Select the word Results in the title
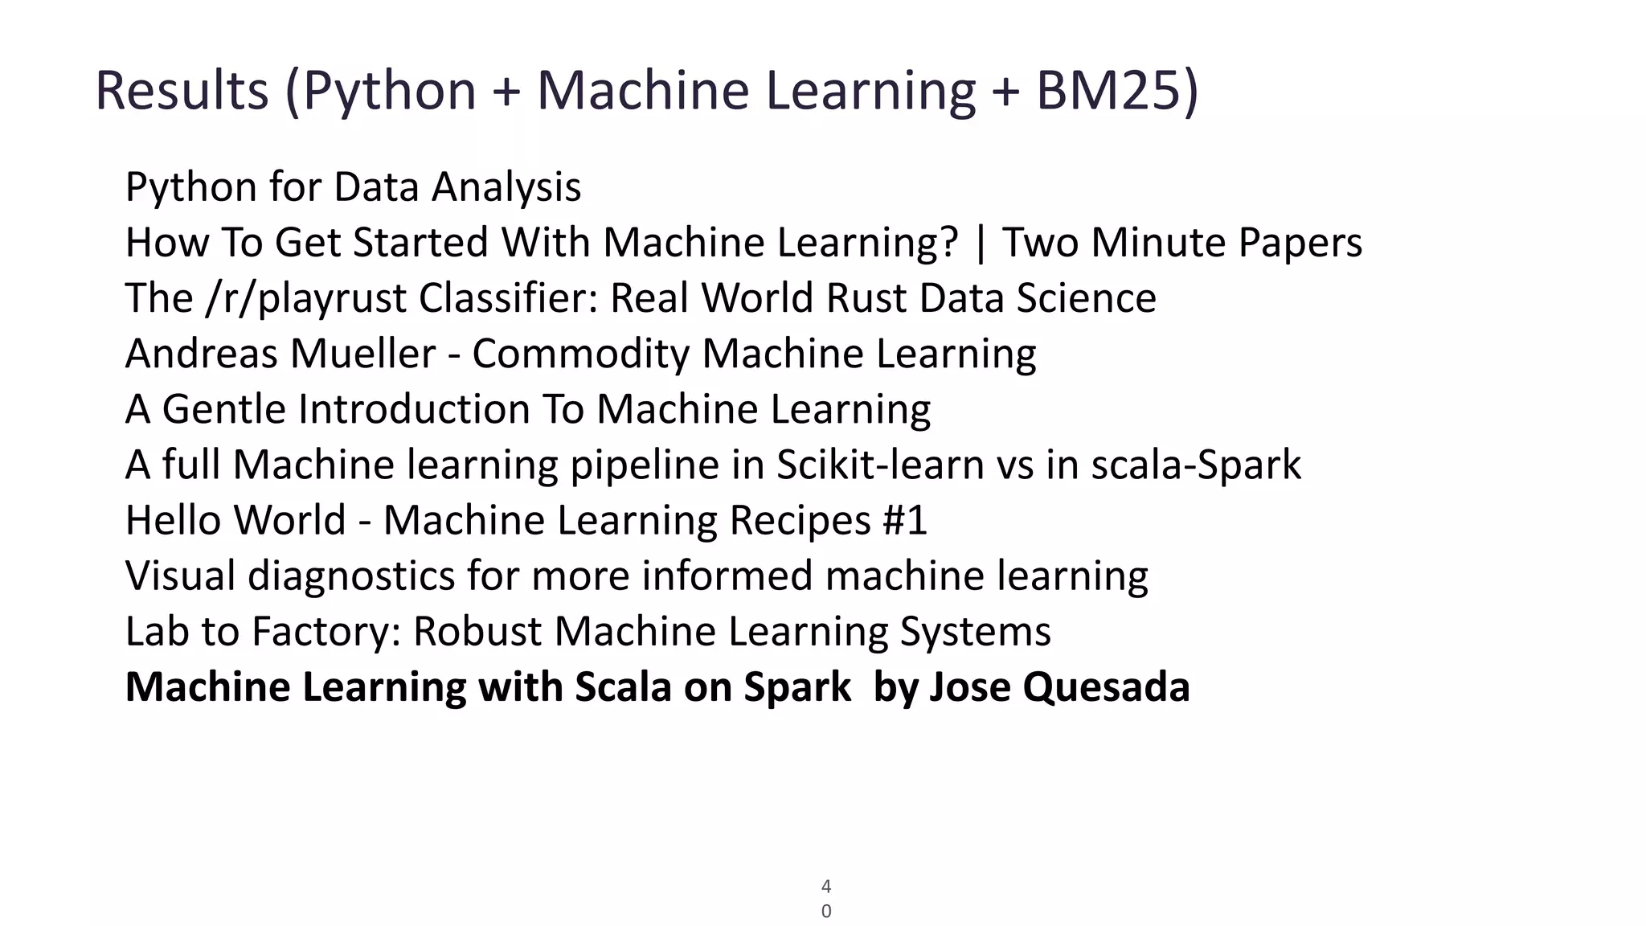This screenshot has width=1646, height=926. coord(182,90)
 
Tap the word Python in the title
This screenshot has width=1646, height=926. coord(390,90)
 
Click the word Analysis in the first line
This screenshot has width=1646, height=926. coord(506,187)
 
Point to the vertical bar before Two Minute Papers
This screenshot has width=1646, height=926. coord(980,243)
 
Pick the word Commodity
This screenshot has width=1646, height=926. coord(580,354)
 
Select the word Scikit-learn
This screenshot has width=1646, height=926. coord(880,465)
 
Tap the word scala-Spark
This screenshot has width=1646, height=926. coord(1196,465)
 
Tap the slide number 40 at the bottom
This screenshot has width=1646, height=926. coord(826,899)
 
